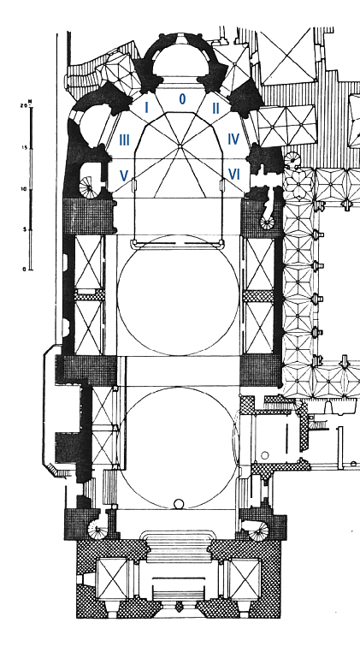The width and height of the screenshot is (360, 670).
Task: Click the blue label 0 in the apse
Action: click(x=182, y=99)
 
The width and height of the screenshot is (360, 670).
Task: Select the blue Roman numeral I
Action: click(x=147, y=108)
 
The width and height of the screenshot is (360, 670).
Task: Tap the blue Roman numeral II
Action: click(x=216, y=109)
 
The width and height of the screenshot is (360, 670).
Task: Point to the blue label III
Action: click(x=124, y=139)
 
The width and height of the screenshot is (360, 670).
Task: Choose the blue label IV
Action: click(x=233, y=139)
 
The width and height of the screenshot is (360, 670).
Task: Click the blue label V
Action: click(x=124, y=175)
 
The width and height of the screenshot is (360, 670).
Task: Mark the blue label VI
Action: click(x=234, y=174)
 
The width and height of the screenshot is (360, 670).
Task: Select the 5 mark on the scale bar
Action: click(x=25, y=229)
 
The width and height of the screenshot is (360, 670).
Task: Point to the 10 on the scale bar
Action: click(x=24, y=189)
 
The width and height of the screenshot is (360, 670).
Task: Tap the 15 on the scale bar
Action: click(x=24, y=148)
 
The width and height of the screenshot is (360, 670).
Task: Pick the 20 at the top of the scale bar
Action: click(x=24, y=105)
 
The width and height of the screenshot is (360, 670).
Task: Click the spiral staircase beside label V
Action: click(x=89, y=187)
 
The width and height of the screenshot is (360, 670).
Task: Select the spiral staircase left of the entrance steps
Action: click(x=97, y=531)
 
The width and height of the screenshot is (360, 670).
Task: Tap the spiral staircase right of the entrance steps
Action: click(x=259, y=531)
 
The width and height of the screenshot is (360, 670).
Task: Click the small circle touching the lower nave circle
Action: click(x=179, y=505)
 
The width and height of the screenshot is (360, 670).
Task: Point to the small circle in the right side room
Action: click(x=265, y=455)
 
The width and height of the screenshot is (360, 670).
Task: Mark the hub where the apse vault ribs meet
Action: click(x=180, y=147)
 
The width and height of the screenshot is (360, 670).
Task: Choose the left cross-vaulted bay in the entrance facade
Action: click(x=112, y=578)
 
